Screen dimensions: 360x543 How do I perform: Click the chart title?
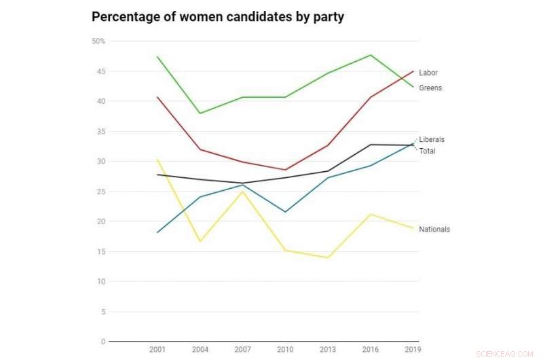218,17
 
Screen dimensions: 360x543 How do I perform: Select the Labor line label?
428,73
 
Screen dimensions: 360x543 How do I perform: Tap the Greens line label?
430,88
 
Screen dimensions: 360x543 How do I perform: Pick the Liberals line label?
432,139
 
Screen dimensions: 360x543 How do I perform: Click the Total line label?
427,151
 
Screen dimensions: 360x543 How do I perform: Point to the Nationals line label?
434,230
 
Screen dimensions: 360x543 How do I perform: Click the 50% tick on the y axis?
98,41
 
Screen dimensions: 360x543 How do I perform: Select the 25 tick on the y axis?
100,192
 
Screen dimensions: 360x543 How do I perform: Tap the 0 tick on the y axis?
102,342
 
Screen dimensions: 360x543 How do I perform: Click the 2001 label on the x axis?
157,350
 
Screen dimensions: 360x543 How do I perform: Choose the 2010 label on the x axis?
285,350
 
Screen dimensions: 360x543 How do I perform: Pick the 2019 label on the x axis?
413,350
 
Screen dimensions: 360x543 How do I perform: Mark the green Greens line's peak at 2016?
371,55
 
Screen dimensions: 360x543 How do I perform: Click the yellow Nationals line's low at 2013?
328,257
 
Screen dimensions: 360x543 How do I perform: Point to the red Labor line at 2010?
285,170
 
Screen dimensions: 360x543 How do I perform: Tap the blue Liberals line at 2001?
157,232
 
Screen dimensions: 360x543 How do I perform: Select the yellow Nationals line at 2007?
242,191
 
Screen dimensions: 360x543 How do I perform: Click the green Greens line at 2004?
200,113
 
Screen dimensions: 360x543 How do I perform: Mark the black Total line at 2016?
371,144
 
